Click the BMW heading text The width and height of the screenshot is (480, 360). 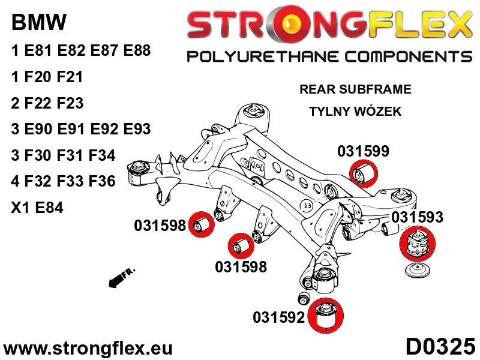point(39,23)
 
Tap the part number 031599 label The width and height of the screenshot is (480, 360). point(363,151)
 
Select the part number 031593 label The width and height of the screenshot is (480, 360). point(418,217)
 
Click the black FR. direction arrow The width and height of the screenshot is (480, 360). point(121,278)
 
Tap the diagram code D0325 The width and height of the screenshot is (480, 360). point(440,347)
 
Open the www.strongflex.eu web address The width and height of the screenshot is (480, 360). point(88,348)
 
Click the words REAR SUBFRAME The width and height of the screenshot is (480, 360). point(355,89)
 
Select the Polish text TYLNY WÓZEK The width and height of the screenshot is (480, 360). point(355,112)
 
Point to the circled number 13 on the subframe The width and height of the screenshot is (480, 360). point(307,205)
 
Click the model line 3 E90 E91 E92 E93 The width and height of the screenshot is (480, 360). point(81,129)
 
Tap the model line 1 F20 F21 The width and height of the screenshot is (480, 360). point(47,77)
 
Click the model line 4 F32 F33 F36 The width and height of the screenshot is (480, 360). point(63,182)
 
